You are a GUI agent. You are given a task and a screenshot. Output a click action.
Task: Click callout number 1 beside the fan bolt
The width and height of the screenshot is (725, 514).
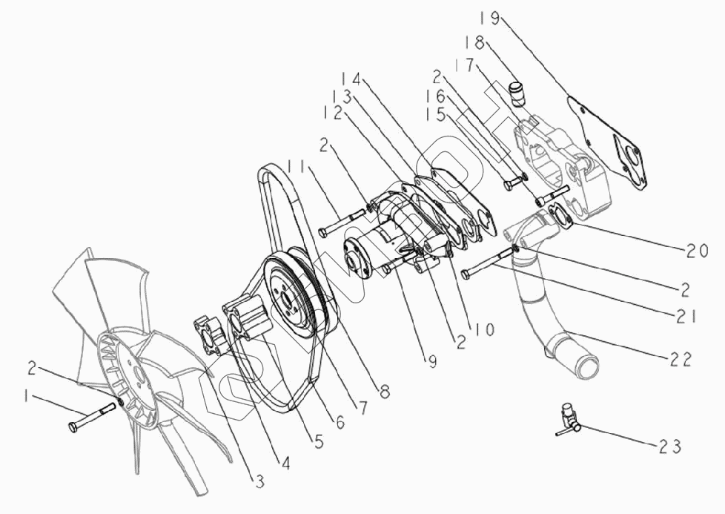pos(27,398)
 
